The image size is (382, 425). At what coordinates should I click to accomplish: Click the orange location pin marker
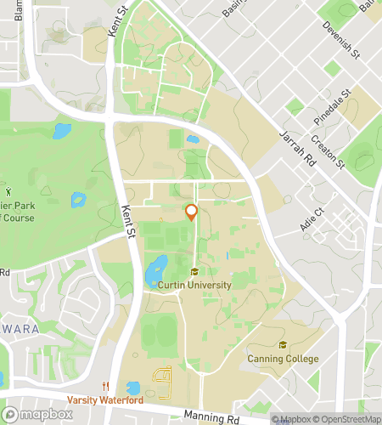(192, 212)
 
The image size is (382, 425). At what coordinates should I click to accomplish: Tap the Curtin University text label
(194, 286)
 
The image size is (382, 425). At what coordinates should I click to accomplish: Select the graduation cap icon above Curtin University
(194, 272)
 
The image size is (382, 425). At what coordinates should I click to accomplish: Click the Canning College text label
(284, 359)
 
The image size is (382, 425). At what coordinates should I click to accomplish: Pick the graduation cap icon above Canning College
(283, 345)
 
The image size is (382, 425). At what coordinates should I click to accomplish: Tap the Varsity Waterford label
(106, 400)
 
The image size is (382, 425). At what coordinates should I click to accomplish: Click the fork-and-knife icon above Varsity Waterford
(106, 387)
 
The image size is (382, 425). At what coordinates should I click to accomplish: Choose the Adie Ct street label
(313, 220)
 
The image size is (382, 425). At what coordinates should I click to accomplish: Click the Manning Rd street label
(209, 416)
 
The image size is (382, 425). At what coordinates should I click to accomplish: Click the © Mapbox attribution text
(291, 419)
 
